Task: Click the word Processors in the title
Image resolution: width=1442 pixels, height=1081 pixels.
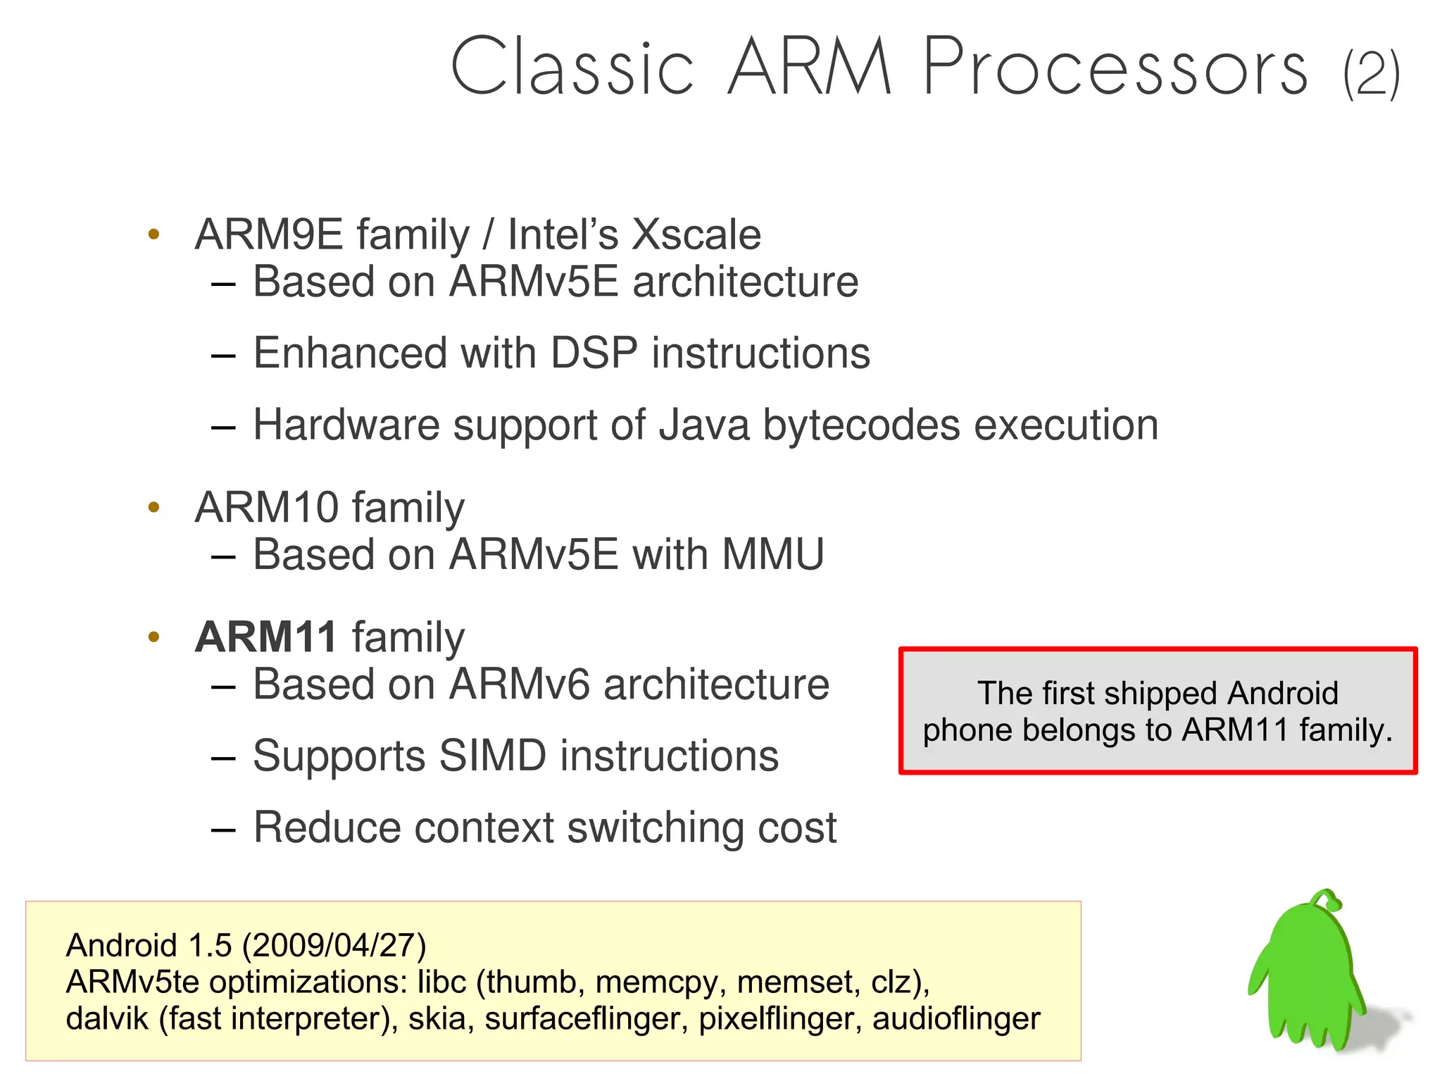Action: [x=1115, y=68]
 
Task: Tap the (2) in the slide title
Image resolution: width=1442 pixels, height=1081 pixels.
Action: [x=1371, y=73]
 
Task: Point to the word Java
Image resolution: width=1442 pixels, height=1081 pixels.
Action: [x=703, y=425]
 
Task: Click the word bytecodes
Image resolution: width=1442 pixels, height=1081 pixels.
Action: [x=861, y=425]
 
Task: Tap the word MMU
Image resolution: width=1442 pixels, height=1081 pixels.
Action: [x=773, y=555]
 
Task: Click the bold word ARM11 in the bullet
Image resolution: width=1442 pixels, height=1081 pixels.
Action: [x=266, y=637]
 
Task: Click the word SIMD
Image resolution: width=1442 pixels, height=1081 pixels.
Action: [x=493, y=756]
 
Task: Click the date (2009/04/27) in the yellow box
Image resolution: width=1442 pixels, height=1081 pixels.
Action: [x=334, y=946]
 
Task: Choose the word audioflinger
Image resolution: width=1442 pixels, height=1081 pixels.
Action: [x=955, y=1019]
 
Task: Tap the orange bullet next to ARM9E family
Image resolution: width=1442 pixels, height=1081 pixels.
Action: [x=154, y=235]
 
